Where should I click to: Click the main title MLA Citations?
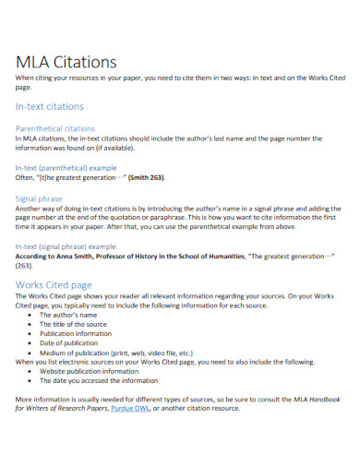point(66,63)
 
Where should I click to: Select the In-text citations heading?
point(50,107)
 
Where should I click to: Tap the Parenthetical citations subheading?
point(55,128)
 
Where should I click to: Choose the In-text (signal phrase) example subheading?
point(66,246)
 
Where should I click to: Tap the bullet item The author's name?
point(70,316)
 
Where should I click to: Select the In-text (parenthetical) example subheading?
point(66,167)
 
